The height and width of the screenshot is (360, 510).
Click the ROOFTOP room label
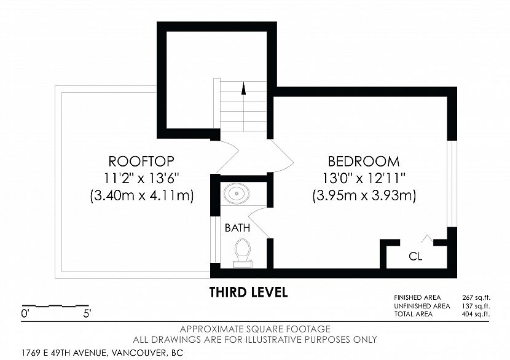click(x=141, y=162)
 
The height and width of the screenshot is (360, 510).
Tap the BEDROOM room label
click(x=364, y=162)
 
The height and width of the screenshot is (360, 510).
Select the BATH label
click(x=237, y=228)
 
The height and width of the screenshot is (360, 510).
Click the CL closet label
click(x=415, y=257)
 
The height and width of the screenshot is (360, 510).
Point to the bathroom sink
click(x=237, y=194)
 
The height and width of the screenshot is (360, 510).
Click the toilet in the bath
click(x=242, y=253)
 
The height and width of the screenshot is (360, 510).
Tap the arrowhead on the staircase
click(x=243, y=88)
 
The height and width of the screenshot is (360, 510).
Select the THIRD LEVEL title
click(x=248, y=292)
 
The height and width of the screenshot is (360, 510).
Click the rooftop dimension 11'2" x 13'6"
click(x=141, y=178)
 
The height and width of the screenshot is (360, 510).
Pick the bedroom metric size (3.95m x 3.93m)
click(x=364, y=196)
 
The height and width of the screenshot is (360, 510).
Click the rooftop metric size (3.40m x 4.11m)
click(x=142, y=196)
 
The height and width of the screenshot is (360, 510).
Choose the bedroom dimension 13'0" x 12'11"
click(x=364, y=178)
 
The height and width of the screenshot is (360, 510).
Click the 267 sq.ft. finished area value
click(x=476, y=297)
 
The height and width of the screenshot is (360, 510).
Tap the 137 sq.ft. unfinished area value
click(x=476, y=306)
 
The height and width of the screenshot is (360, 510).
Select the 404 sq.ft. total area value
click(x=476, y=314)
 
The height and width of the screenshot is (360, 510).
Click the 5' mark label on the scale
click(x=87, y=314)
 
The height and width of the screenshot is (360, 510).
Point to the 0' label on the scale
click(x=25, y=314)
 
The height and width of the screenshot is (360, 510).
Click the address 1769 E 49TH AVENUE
click(x=65, y=353)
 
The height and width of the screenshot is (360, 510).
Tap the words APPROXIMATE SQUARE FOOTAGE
click(x=255, y=329)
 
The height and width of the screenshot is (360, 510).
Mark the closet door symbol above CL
click(x=426, y=239)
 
